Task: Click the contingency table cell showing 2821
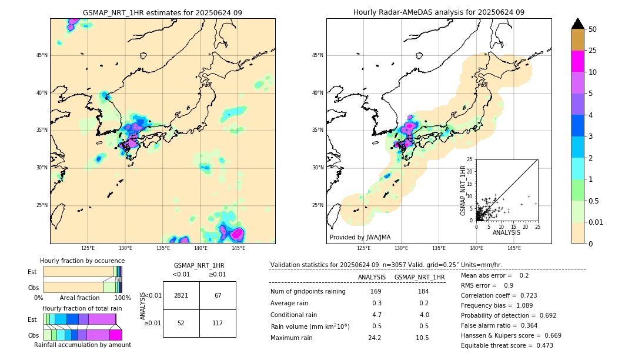tap(181, 295)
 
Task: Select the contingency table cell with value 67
tap(218, 295)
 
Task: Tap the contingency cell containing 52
tap(181, 323)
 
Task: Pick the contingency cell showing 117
tap(218, 323)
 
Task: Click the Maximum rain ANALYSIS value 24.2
tap(375, 338)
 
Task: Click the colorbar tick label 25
tap(593, 51)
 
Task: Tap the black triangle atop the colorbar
tap(578, 24)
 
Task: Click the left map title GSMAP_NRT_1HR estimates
tap(162, 12)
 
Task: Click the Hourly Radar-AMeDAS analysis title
tap(439, 12)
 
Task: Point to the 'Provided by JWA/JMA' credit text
tap(360, 237)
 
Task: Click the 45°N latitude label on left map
tap(42, 55)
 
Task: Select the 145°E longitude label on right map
tap(514, 249)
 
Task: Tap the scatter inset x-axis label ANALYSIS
tap(506, 232)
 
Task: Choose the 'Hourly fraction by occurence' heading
tap(82, 261)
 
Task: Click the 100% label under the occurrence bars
tap(122, 298)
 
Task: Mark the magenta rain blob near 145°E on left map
tap(237, 234)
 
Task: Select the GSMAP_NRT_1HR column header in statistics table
tap(419, 277)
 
